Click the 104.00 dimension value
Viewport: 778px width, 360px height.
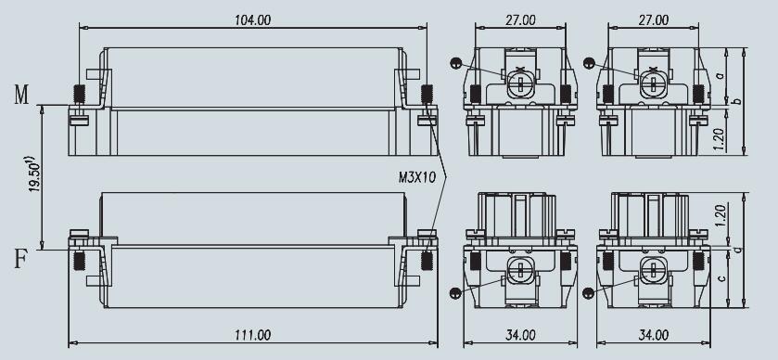253,20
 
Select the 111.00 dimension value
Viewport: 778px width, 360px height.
253,335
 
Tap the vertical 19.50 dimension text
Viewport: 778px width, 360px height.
34,174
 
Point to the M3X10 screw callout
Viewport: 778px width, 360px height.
417,178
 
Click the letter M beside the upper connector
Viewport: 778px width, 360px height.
21,95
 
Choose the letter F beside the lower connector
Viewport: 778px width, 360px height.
19,259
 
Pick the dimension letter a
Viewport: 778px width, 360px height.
721,76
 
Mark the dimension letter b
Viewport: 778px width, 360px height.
738,101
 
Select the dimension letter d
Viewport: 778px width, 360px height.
738,249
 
